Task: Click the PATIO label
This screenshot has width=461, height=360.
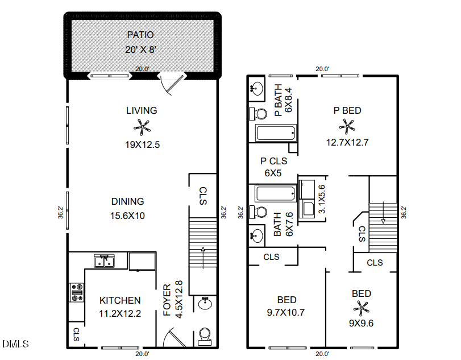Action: (140, 35)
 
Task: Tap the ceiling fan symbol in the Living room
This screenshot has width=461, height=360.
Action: (142, 126)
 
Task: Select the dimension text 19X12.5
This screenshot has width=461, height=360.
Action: (142, 144)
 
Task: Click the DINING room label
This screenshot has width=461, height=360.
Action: (127, 201)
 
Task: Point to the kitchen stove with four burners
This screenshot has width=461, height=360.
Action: (76, 292)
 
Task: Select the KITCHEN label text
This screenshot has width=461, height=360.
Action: (120, 300)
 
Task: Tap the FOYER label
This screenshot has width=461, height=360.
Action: (167, 300)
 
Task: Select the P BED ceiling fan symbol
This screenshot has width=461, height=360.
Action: (347, 126)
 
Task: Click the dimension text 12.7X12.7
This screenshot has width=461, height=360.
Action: (347, 143)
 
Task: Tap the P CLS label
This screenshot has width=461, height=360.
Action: (273, 161)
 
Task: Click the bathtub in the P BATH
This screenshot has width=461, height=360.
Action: (276, 134)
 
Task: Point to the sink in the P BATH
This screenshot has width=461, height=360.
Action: (257, 88)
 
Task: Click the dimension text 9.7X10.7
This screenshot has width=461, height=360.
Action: (286, 312)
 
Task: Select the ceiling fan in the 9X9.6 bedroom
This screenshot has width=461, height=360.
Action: (361, 309)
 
